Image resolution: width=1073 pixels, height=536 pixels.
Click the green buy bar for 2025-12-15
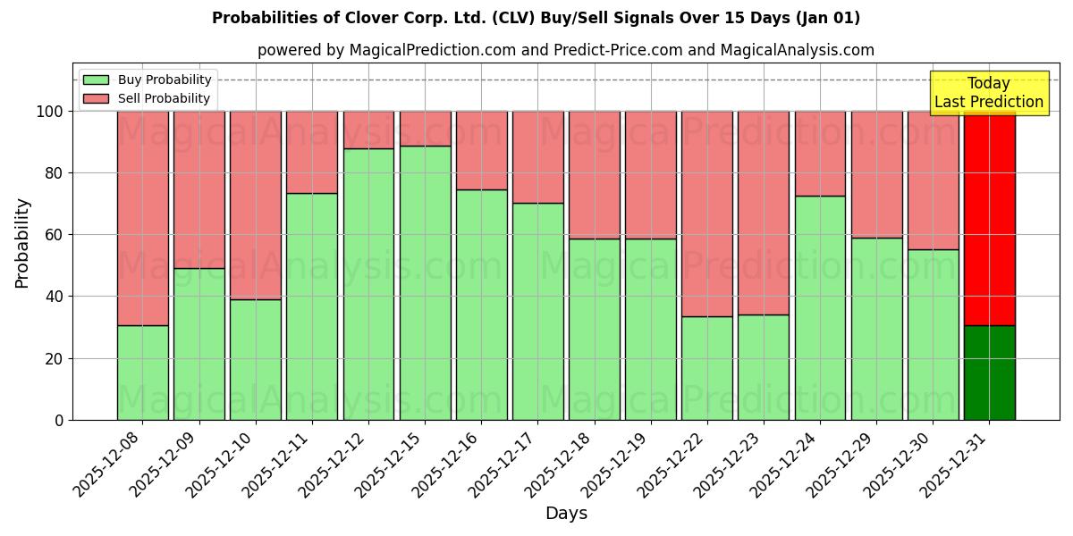coord(425,282)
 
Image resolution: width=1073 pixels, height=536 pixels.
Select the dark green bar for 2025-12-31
coord(989,373)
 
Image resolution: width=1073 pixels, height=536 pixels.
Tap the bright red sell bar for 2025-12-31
coord(989,218)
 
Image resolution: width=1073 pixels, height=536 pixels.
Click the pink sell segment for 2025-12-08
coord(142,218)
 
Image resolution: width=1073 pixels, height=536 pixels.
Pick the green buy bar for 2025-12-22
coord(706,368)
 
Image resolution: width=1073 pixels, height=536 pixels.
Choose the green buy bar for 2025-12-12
coord(368,284)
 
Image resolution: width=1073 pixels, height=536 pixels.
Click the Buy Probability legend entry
coord(148,80)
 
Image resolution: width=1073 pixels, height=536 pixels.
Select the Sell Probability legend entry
coord(148,98)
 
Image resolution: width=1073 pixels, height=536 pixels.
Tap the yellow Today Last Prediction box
coord(988,93)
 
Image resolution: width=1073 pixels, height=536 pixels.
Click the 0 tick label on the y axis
coord(60,420)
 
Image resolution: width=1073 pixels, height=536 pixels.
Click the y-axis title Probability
coord(22,242)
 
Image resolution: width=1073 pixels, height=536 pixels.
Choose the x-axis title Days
coord(566,514)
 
